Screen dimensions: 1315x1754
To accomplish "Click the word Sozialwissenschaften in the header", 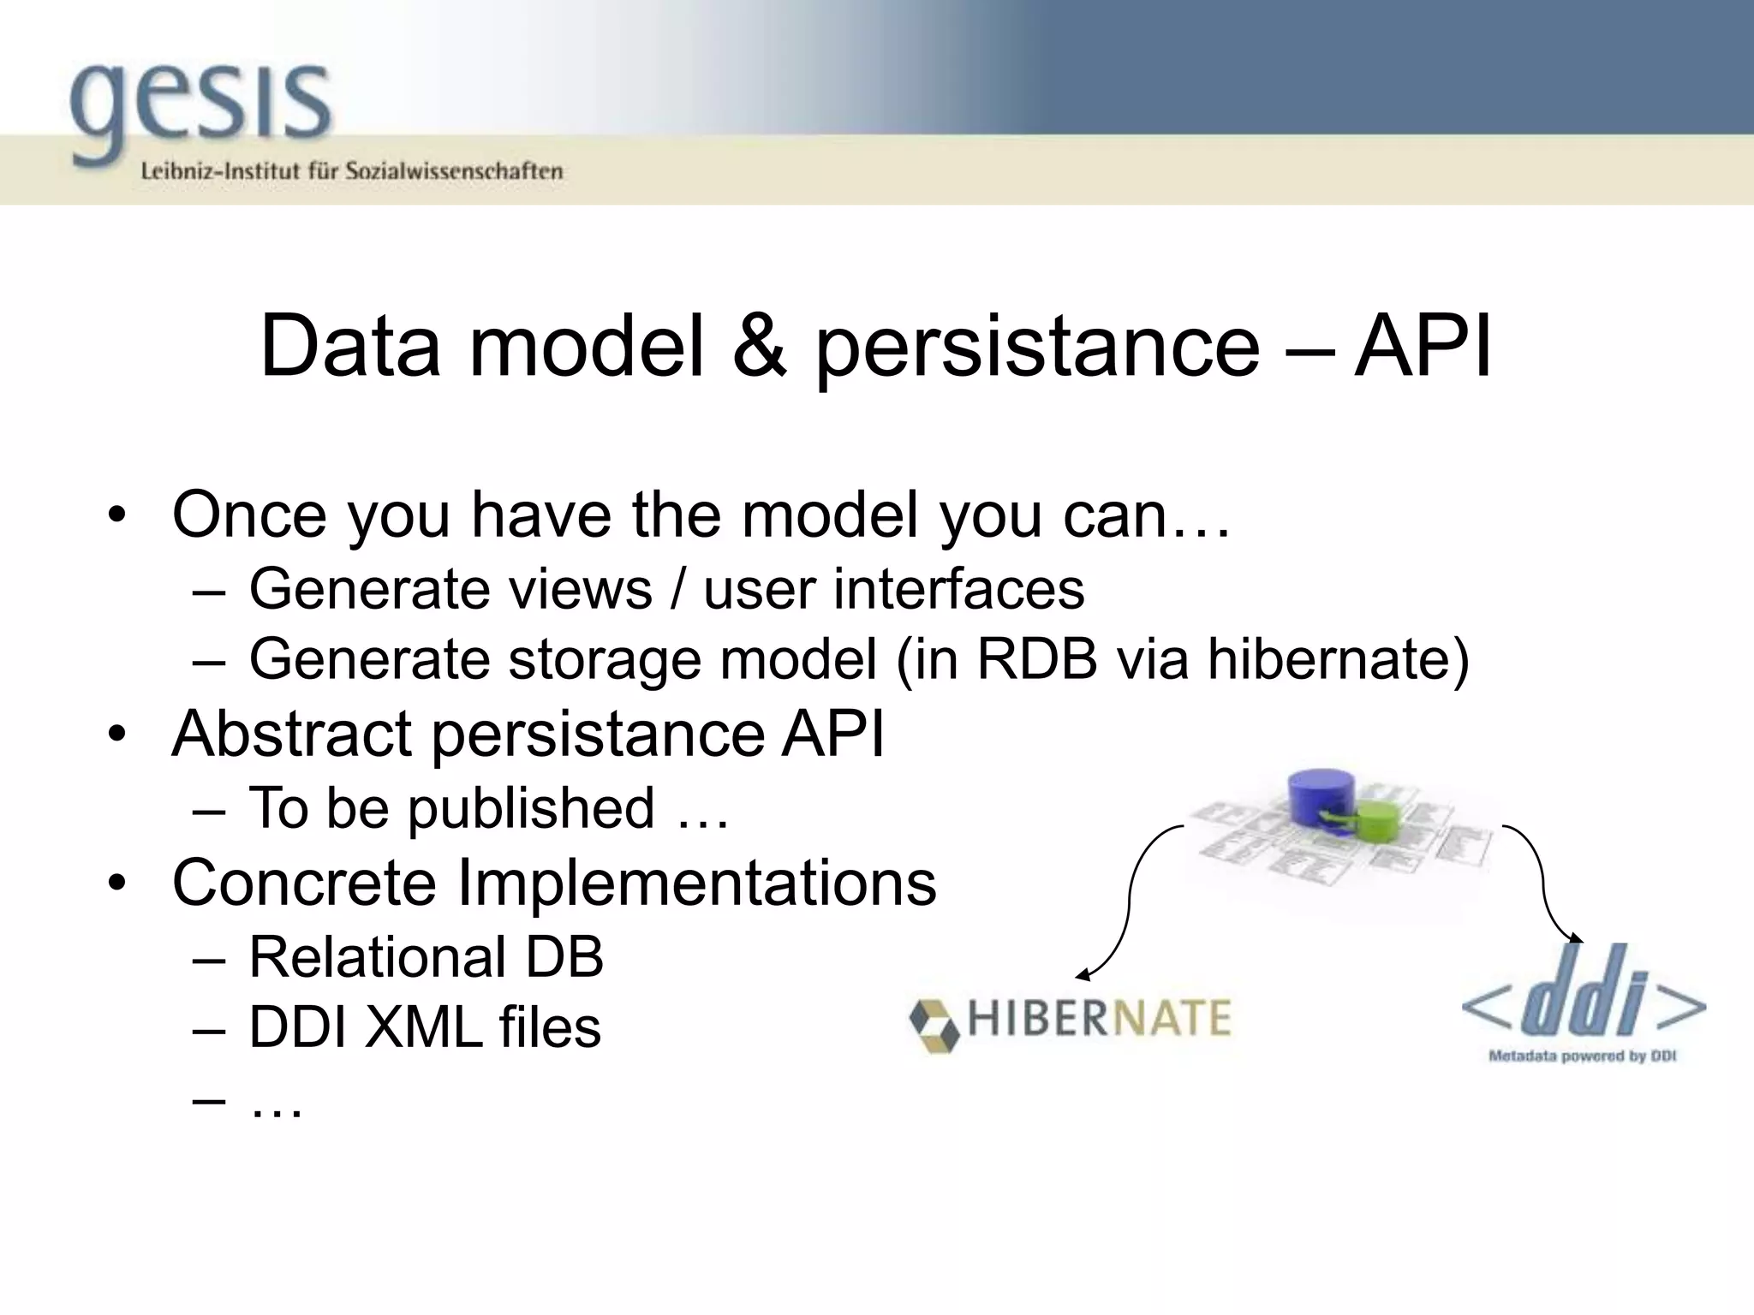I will tap(454, 171).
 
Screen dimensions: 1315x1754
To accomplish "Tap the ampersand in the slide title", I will tap(759, 347).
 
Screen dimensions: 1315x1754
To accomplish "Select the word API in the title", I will tap(1423, 347).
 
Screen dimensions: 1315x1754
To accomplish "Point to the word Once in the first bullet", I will tap(249, 515).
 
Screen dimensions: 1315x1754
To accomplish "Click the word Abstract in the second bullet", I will tap(291, 734).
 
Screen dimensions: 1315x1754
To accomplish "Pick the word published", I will tap(531, 808).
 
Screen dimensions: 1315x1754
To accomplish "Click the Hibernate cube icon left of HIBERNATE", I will tap(933, 1024).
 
